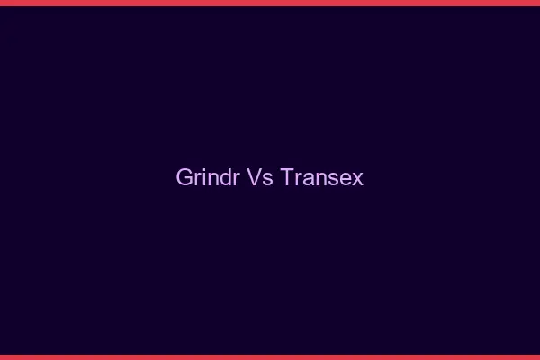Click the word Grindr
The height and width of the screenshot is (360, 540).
(208, 177)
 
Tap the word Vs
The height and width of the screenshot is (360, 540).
(260, 177)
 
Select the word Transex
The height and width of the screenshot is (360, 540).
(321, 177)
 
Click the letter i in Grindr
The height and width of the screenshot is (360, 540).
(202, 177)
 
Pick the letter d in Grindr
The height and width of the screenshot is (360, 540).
(224, 177)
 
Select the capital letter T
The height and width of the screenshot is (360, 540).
(287, 177)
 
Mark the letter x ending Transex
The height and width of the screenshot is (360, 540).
(358, 179)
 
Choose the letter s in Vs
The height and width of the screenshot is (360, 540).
(267, 179)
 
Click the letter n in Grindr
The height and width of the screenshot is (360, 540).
(211, 179)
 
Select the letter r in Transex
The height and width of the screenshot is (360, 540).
(296, 179)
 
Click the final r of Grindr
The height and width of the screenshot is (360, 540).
(234, 179)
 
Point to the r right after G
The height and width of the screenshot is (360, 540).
(196, 179)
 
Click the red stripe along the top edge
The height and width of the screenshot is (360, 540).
(270, 3)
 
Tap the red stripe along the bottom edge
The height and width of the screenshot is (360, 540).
(270, 356)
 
